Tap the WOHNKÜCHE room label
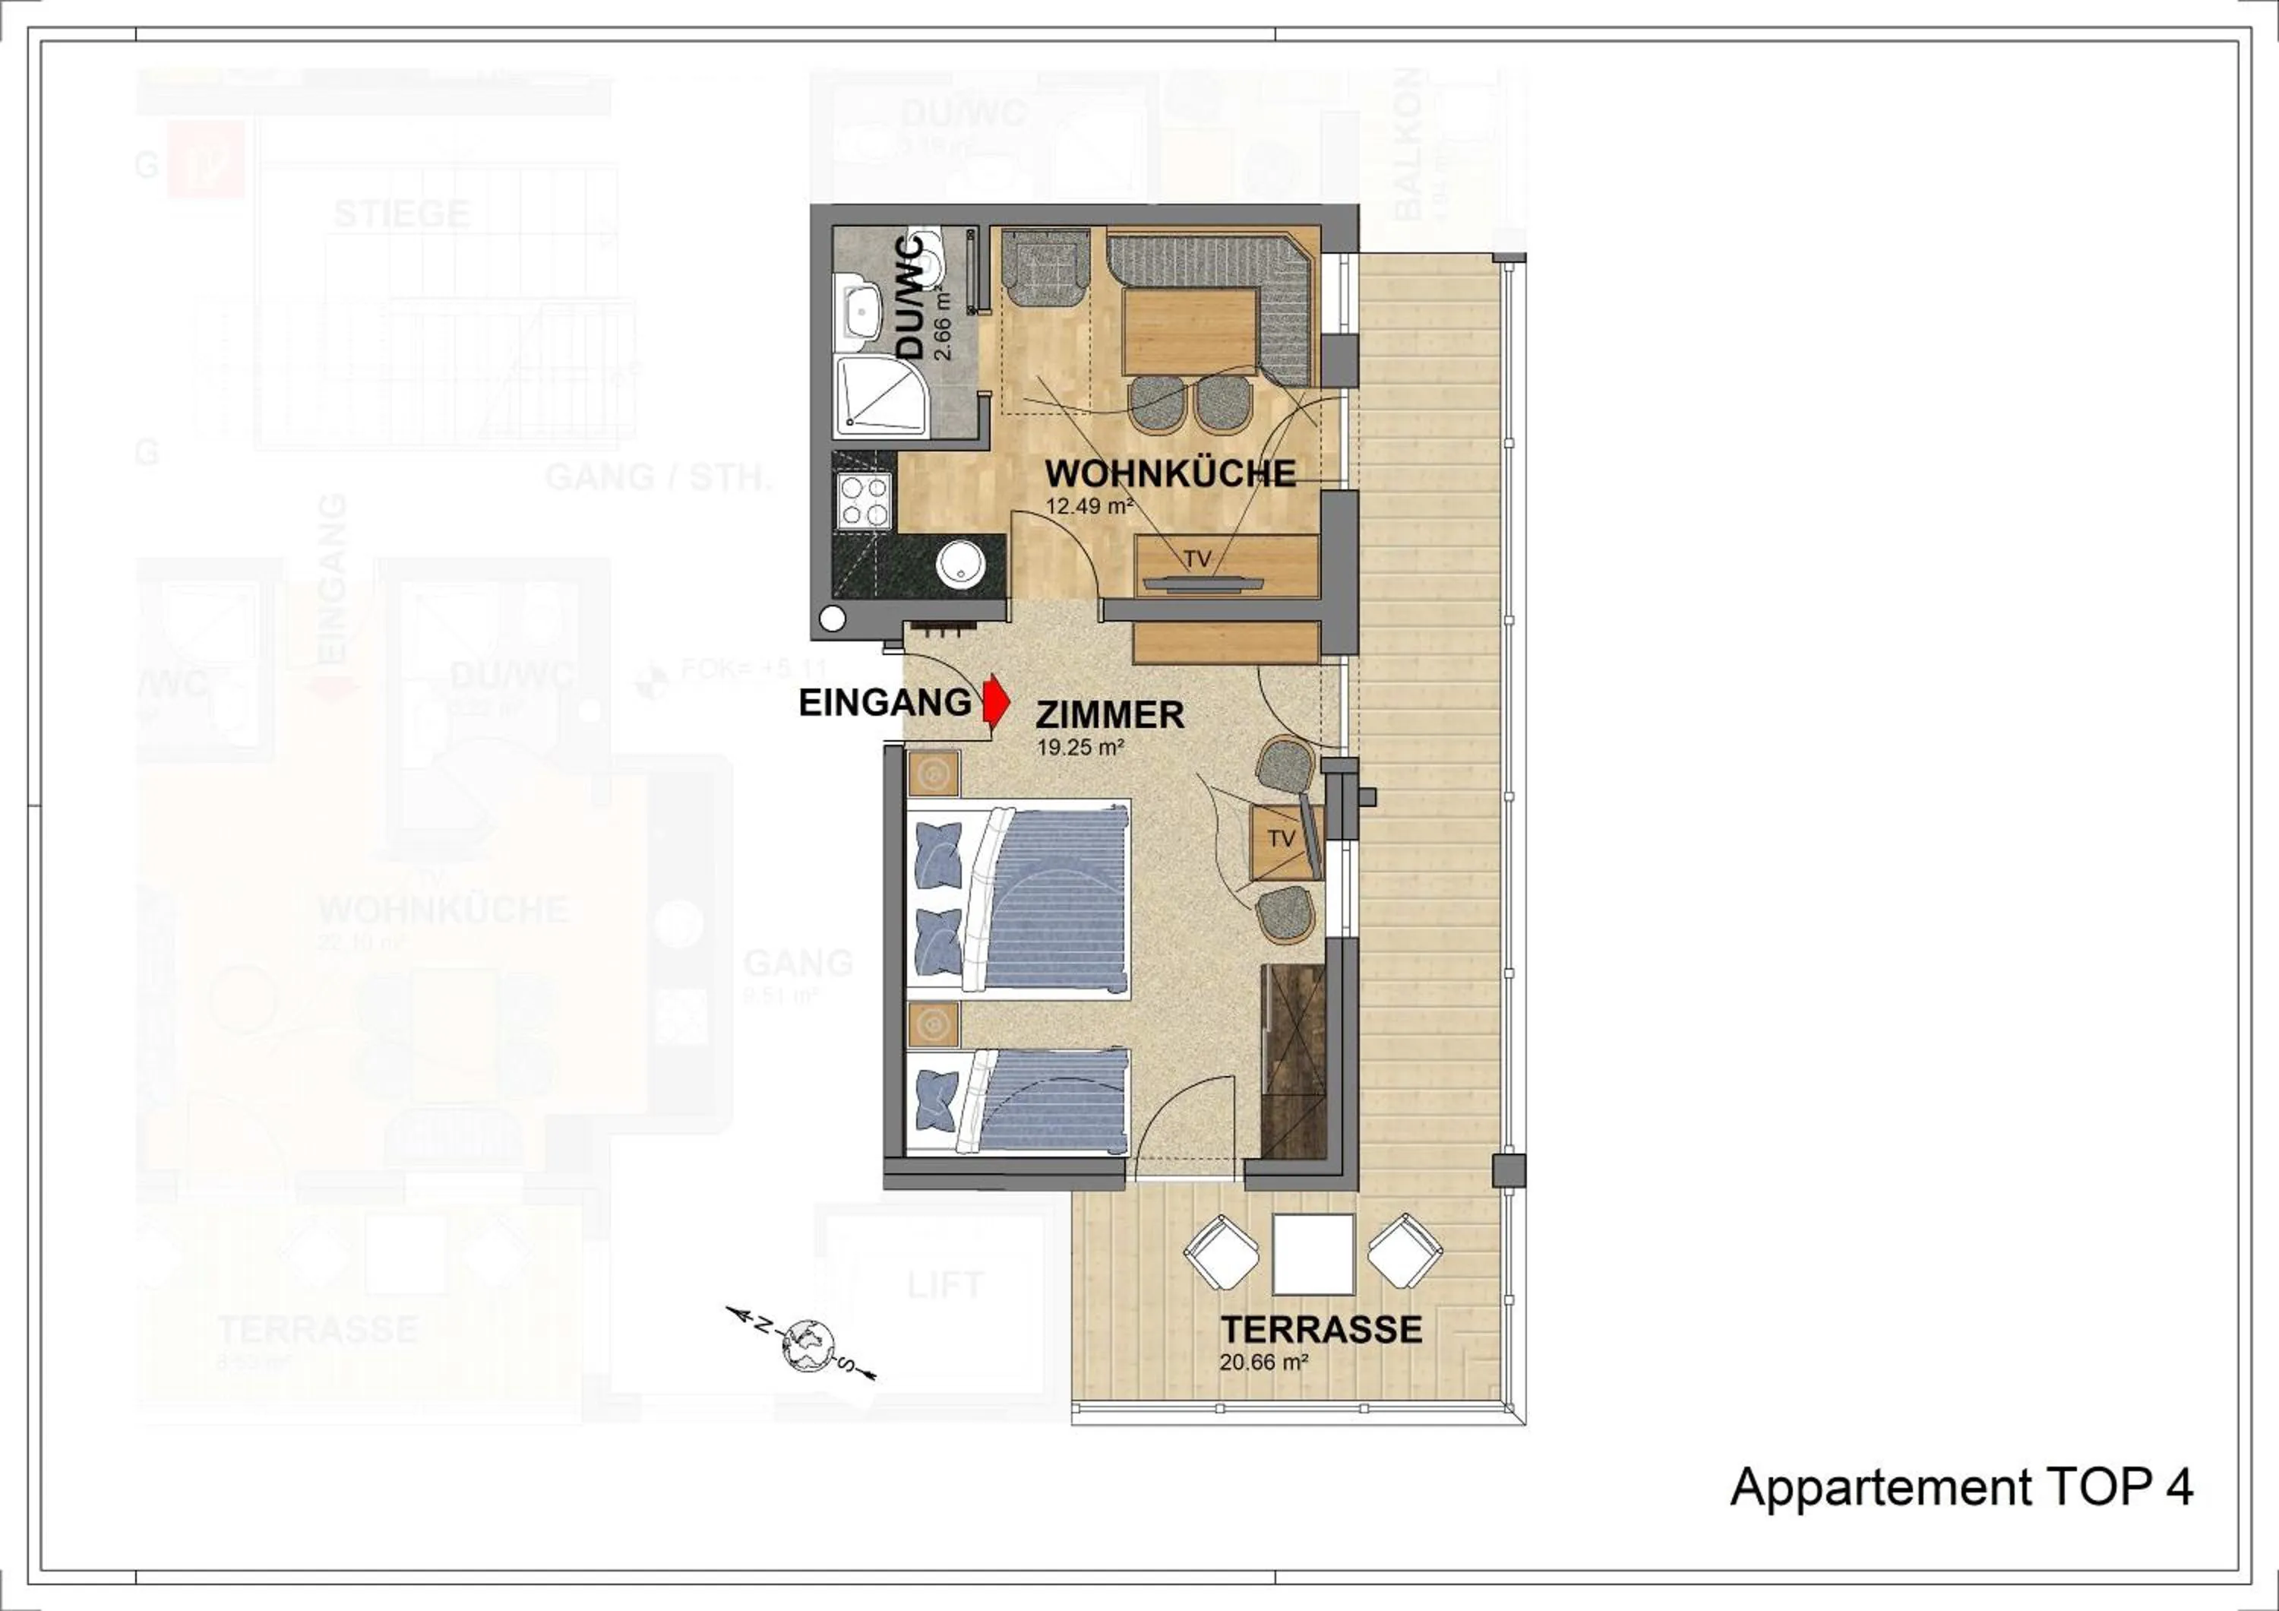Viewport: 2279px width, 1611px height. pyautogui.click(x=1171, y=473)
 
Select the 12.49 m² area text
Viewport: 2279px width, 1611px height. pyautogui.click(x=1089, y=505)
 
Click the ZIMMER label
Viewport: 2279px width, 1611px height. pyautogui.click(x=1110, y=714)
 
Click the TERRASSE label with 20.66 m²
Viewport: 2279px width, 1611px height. pyautogui.click(x=1320, y=1329)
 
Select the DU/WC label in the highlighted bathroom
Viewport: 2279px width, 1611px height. pyautogui.click(x=910, y=298)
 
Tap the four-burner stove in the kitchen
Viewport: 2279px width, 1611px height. pyautogui.click(x=864, y=500)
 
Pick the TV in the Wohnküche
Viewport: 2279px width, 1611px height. pyautogui.click(x=1197, y=561)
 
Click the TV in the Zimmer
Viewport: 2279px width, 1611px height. pyautogui.click(x=1282, y=839)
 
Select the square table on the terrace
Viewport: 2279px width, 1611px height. pyautogui.click(x=1313, y=1255)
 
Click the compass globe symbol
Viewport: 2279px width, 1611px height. pyautogui.click(x=805, y=1345)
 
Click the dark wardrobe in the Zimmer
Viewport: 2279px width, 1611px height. pyautogui.click(x=1294, y=1062)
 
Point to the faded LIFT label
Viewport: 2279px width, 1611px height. pyautogui.click(x=944, y=1286)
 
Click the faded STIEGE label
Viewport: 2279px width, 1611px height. pyautogui.click(x=401, y=214)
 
